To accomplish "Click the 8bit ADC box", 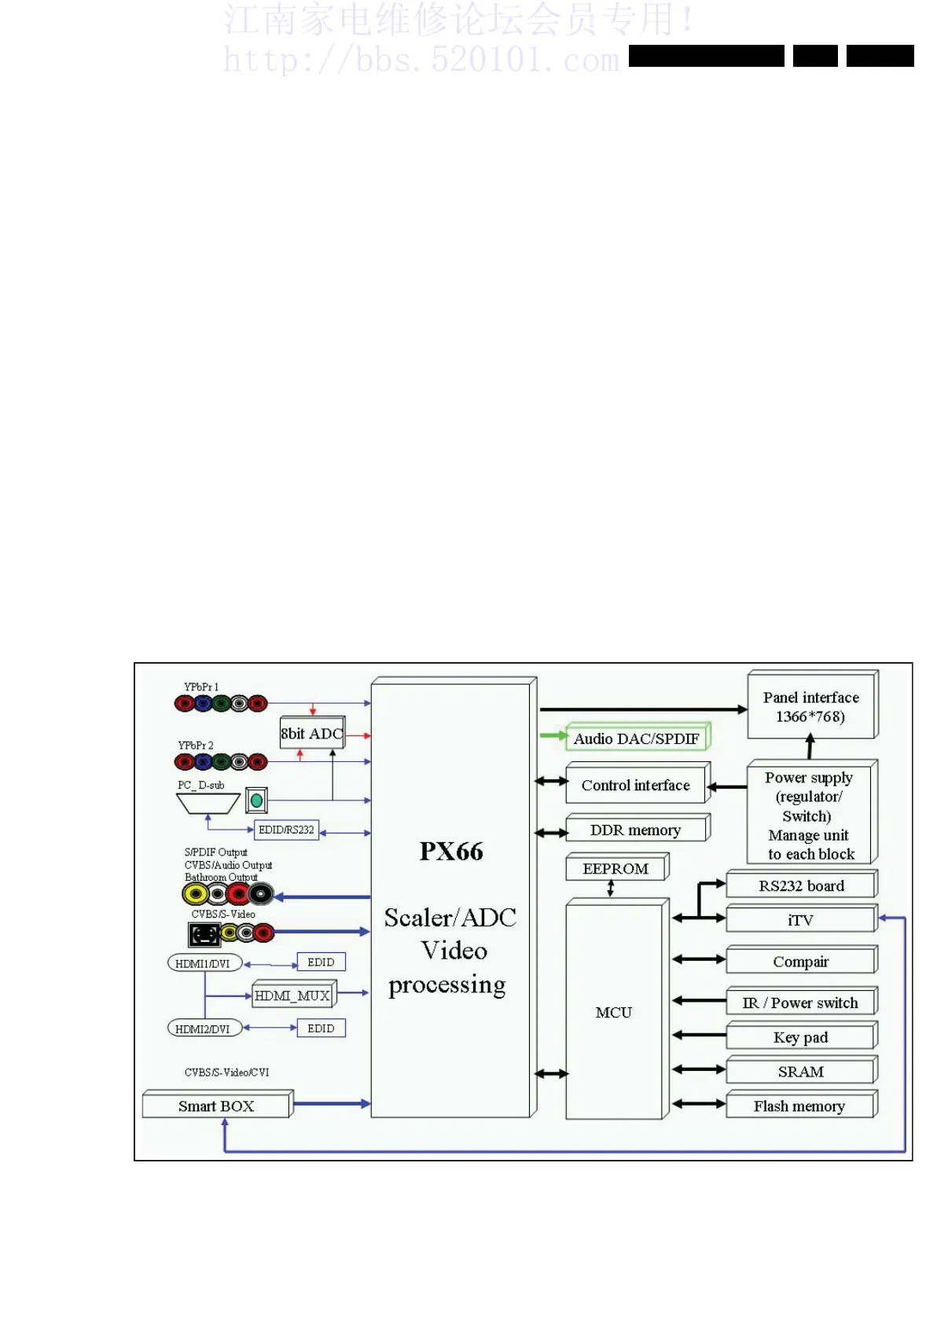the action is pyautogui.click(x=312, y=734).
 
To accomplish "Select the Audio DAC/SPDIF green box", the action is pyautogui.click(x=636, y=738).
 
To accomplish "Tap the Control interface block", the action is pyautogui.click(x=636, y=785).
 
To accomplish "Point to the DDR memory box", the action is pyautogui.click(x=636, y=830).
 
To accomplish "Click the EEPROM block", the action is pyautogui.click(x=615, y=868).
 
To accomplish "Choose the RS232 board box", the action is pyautogui.click(x=800, y=885).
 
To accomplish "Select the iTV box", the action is pyautogui.click(x=800, y=919).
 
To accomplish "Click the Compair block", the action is pyautogui.click(x=800, y=961).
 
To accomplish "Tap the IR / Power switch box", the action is pyautogui.click(x=800, y=1003).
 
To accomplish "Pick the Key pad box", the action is pyautogui.click(x=800, y=1037).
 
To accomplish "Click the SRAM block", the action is pyautogui.click(x=800, y=1072).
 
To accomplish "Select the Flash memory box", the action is pyautogui.click(x=800, y=1106).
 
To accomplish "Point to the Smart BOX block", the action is pyautogui.click(x=216, y=1106).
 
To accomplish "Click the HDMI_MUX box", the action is pyautogui.click(x=292, y=996).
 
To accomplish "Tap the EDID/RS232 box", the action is pyautogui.click(x=286, y=830).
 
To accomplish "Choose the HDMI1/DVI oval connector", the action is pyautogui.click(x=204, y=963).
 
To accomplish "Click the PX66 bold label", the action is pyautogui.click(x=451, y=851).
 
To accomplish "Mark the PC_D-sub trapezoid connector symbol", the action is pyautogui.click(x=208, y=803).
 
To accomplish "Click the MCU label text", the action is pyautogui.click(x=614, y=1012).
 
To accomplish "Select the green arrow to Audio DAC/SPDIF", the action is pyautogui.click(x=553, y=736).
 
